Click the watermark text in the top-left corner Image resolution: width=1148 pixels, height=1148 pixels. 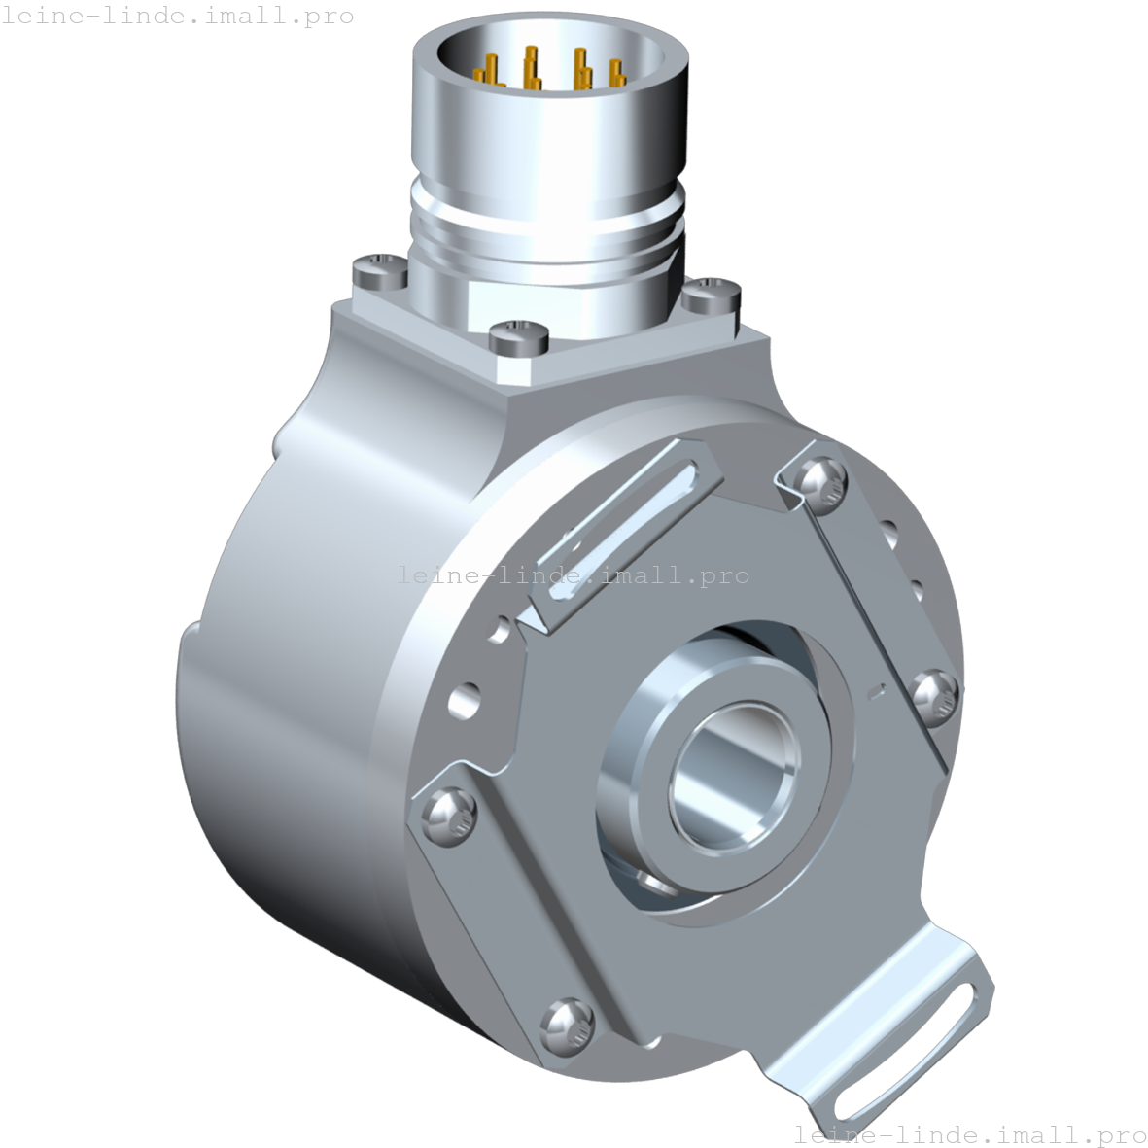click(177, 17)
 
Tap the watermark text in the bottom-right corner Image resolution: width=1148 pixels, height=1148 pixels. click(970, 1134)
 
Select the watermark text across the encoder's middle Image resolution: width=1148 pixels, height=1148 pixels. click(574, 575)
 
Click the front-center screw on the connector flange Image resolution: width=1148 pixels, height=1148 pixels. click(519, 336)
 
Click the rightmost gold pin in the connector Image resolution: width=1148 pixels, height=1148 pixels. click(614, 74)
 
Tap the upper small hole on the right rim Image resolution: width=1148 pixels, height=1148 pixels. click(888, 533)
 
